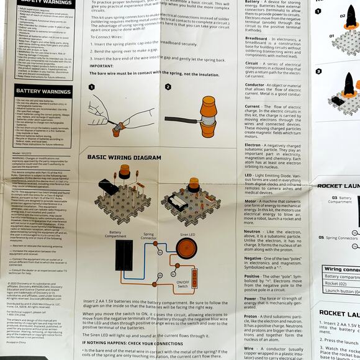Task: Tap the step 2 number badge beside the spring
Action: tap(168, 88)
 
